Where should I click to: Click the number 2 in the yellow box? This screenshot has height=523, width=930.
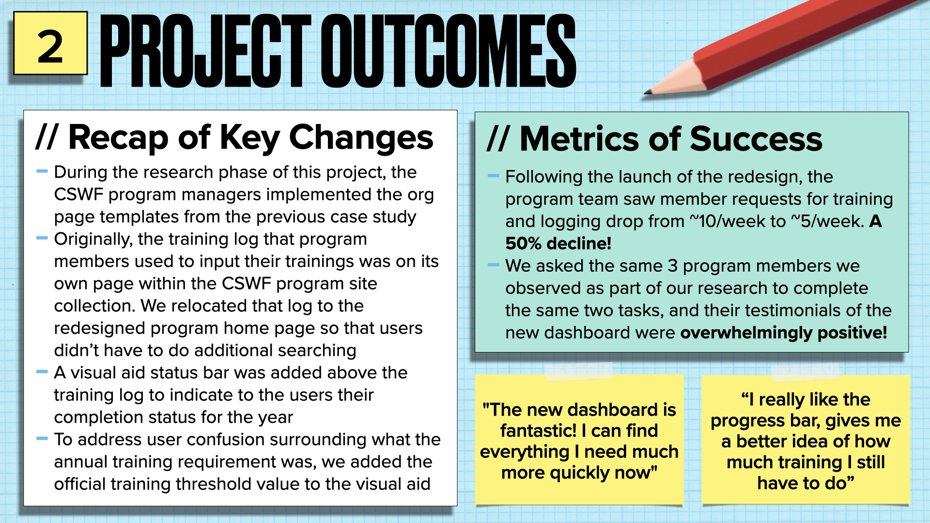pos(50,46)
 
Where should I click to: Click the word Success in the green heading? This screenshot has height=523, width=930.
pos(756,139)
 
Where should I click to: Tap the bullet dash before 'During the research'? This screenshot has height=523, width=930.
pos(42,171)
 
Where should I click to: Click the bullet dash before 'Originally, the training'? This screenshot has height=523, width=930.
pos(42,238)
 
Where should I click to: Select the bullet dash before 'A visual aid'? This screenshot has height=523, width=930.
pos(42,372)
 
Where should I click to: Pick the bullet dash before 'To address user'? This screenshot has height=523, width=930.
pos(42,439)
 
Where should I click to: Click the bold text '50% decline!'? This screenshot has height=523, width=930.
pos(558,243)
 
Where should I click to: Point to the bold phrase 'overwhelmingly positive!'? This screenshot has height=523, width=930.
pos(783,333)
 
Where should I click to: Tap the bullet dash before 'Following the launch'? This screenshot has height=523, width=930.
pos(493,176)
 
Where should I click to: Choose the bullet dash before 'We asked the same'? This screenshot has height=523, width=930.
pos(493,265)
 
